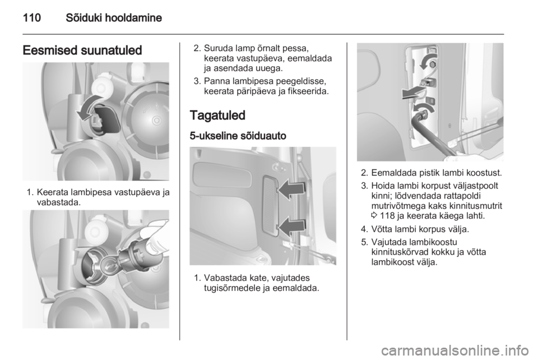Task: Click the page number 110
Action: click(x=32, y=17)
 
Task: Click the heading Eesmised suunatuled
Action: click(x=82, y=50)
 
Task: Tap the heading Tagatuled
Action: click(x=217, y=116)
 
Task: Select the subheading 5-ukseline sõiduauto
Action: click(x=238, y=136)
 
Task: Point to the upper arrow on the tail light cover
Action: click(x=291, y=190)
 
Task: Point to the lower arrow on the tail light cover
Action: click(x=291, y=227)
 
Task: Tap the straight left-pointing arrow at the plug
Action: click(x=414, y=93)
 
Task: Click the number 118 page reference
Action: click(x=387, y=216)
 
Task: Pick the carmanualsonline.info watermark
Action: click(x=455, y=350)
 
